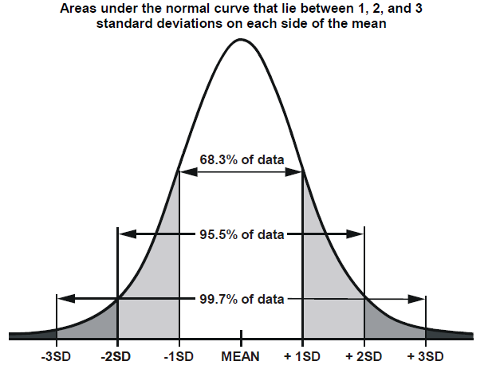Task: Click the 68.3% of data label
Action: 240,159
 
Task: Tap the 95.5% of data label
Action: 240,235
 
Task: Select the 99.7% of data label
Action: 240,299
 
